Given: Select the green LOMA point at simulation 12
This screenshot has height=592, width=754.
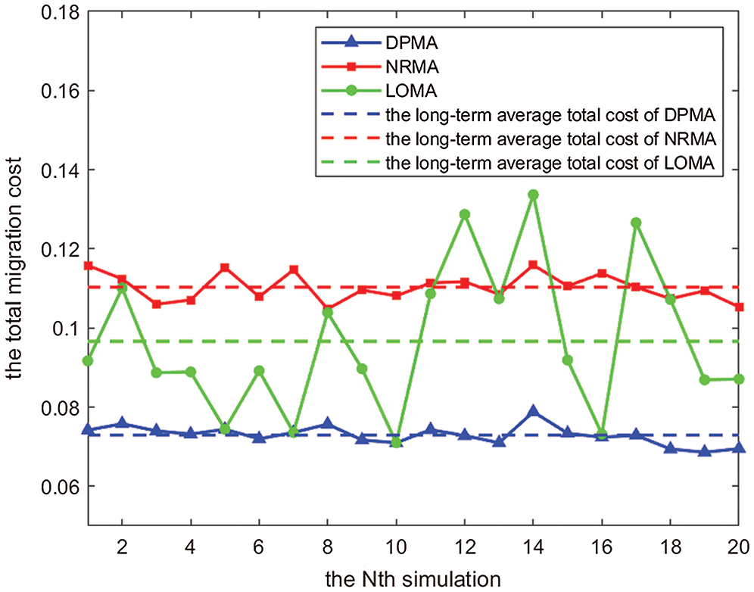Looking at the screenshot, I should pos(465,214).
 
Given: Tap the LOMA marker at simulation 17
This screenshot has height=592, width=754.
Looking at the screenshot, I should pos(636,223).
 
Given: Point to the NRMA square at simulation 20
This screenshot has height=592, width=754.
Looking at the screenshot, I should pos(739,307).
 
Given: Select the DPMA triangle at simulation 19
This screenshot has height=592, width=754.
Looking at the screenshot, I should pos(705,451).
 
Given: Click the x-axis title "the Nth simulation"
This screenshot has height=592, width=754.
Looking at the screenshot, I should pos(413,579).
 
